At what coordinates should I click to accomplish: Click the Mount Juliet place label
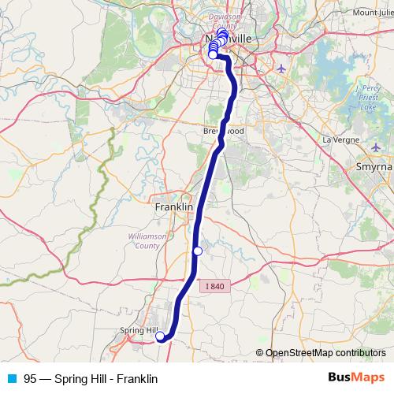tap(374, 13)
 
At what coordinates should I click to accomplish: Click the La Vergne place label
tap(340, 139)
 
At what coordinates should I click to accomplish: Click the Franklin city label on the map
tap(174, 206)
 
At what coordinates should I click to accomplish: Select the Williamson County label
tap(144, 240)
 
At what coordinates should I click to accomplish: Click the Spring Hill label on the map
tap(137, 330)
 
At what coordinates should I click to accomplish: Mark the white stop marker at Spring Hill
tap(160, 337)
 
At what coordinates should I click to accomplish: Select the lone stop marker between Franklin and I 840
tap(198, 251)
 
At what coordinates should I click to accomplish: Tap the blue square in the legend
tap(12, 378)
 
